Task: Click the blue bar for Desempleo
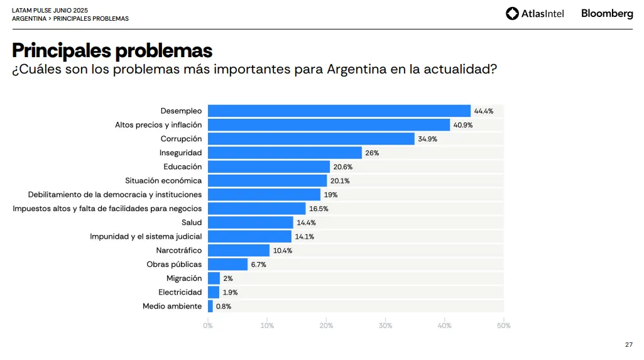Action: [339, 111]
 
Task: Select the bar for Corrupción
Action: [311, 139]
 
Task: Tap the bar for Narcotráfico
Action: [239, 251]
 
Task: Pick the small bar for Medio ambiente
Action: [210, 307]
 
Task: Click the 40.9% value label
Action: [463, 125]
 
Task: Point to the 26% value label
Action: [372, 153]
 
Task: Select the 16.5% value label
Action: [319, 209]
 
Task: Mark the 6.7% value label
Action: [258, 265]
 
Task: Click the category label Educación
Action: [183, 166]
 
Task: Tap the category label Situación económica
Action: [163, 181]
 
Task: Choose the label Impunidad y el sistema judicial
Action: [146, 237]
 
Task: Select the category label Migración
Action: [184, 278]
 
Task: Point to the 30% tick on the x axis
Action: [385, 325]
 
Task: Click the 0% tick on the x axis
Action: [208, 325]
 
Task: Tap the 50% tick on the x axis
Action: [503, 325]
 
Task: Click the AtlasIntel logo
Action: [535, 13]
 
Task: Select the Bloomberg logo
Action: [607, 13]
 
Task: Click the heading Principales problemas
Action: [112, 50]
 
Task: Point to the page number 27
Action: [629, 344]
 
